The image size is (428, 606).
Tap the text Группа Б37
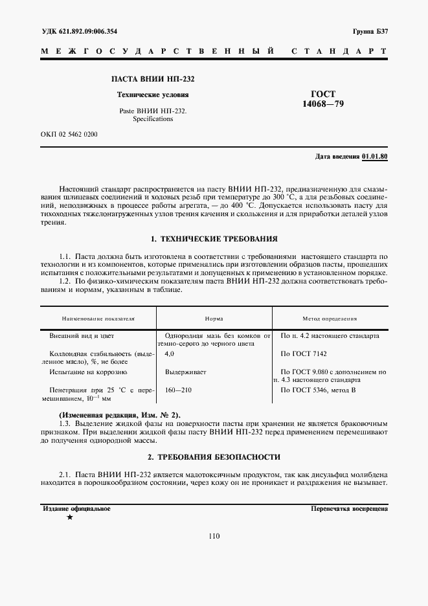[370, 31]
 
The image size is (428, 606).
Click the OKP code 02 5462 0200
[69, 134]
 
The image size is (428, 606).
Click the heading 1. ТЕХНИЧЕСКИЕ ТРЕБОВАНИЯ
[214, 239]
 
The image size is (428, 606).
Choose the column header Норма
[214, 319]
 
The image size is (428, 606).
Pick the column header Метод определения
[330, 319]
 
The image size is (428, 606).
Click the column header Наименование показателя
[98, 319]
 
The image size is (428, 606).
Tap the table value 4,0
[170, 354]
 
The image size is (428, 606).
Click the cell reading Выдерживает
[185, 372]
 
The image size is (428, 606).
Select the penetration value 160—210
[179, 390]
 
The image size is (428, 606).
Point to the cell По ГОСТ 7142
[304, 354]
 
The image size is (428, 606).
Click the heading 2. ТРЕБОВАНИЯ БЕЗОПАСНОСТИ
[214, 456]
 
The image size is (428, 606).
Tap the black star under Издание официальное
[69, 518]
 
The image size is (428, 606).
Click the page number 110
[214, 536]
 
